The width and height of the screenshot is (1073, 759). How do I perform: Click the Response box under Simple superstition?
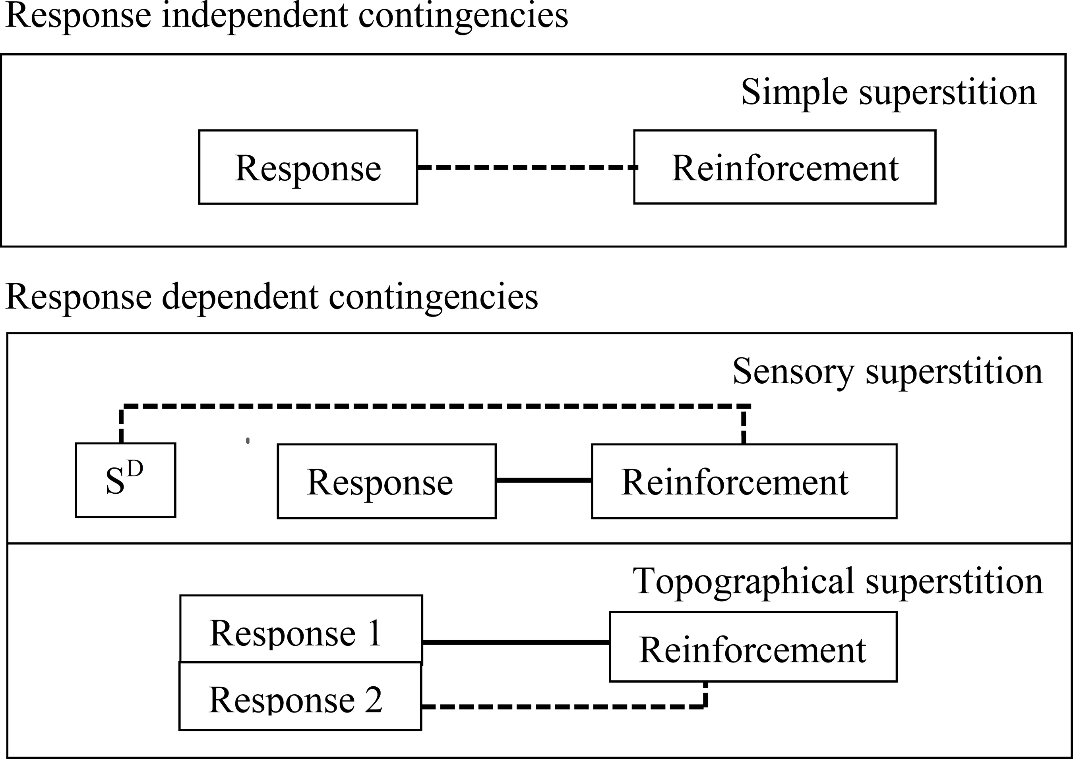[308, 167]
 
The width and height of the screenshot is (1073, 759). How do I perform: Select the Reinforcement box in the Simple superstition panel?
[784, 167]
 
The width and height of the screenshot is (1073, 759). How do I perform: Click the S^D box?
[125, 480]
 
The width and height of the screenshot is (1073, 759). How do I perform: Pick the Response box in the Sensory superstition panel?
[386, 481]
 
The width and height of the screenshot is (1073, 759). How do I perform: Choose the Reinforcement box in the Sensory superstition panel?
[744, 481]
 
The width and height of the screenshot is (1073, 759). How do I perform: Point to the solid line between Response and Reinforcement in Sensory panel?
[543, 480]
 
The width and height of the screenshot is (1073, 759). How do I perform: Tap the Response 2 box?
[300, 696]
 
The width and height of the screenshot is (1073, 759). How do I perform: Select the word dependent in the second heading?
[240, 297]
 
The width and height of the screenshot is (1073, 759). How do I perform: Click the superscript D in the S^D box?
[135, 469]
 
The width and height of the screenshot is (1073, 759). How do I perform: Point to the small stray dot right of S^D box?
[248, 440]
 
